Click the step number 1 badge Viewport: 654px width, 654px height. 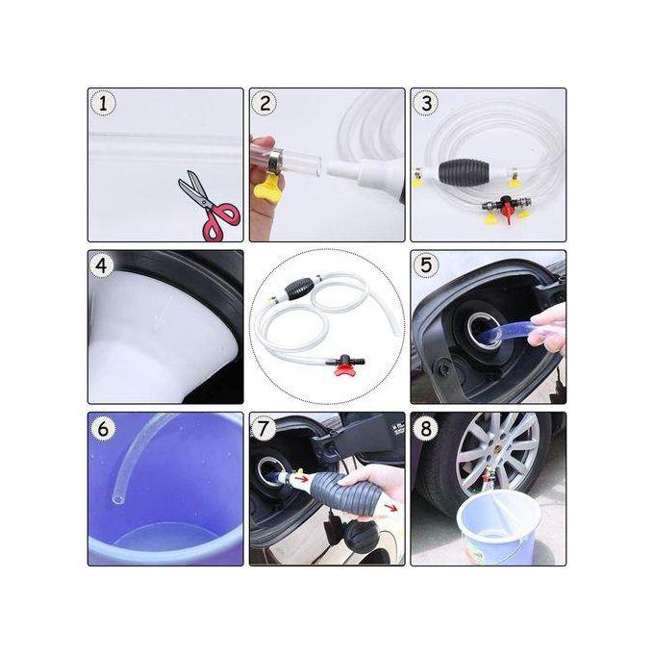tap(103, 104)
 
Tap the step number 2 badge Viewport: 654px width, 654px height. tap(264, 104)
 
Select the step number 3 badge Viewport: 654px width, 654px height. tap(426, 104)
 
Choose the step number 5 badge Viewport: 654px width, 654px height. tap(426, 265)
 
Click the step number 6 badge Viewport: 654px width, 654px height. tap(103, 428)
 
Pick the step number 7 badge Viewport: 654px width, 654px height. tap(264, 428)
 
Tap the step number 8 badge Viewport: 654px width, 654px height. tap(426, 428)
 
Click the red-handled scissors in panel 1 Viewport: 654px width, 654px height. tap(209, 207)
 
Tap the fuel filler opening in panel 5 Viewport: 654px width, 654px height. tap(484, 330)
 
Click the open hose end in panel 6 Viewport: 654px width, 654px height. tap(117, 498)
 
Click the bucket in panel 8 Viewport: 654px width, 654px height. tap(498, 529)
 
